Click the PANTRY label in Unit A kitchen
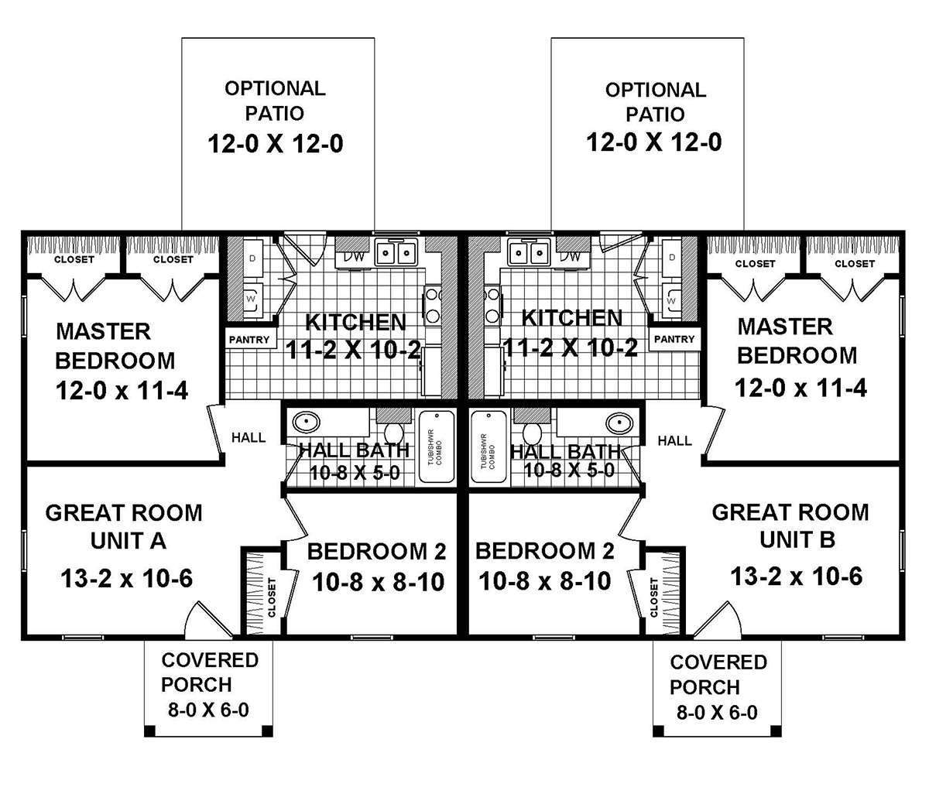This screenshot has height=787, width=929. coord(250,339)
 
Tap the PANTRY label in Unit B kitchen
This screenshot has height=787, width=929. coord(674,339)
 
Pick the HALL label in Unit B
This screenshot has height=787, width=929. coord(674,440)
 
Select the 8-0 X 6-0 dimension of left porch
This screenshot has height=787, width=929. coord(208,710)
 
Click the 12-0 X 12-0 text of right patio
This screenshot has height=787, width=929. coord(653,142)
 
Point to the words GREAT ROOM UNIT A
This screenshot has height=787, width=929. coord(124,526)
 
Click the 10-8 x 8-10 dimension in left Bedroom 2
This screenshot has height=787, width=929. coord(379,581)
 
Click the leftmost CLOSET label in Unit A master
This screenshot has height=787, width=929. coord(74,260)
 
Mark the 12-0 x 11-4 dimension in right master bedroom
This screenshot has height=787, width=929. coord(797,387)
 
